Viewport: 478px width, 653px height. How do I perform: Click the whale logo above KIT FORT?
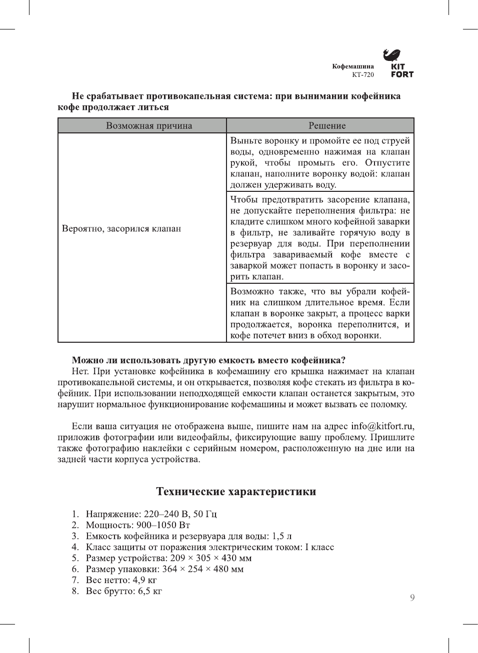[392, 54]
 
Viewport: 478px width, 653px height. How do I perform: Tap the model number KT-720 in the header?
[362, 75]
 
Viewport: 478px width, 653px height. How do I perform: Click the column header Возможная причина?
[149, 126]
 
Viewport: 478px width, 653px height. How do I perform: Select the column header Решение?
[327, 126]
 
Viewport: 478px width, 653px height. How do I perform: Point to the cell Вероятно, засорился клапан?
[121, 229]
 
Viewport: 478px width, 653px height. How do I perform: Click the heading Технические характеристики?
[236, 492]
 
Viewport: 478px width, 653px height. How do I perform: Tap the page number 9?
[412, 598]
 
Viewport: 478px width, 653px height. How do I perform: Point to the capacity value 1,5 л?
[281, 536]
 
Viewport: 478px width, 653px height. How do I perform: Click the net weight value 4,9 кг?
[144, 580]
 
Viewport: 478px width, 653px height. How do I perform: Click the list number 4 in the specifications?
[75, 547]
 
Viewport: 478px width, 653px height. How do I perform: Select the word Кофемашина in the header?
[353, 66]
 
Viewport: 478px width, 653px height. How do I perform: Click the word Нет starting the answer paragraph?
[80, 371]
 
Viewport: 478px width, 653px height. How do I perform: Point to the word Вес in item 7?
[93, 580]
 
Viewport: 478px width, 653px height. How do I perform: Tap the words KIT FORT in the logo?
[402, 70]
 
